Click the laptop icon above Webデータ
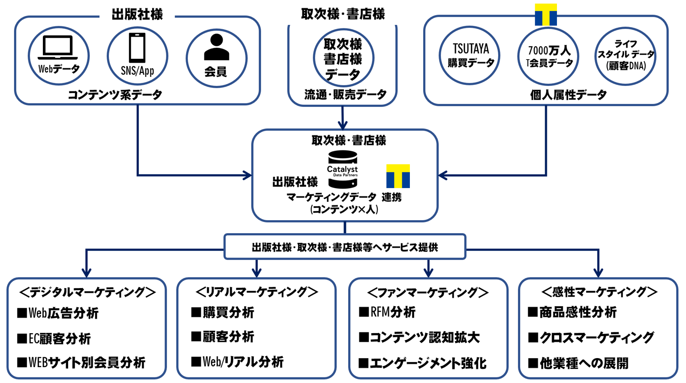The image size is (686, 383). coord(58,47)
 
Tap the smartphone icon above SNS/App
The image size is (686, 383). coord(137,48)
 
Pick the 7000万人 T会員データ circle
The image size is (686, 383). coord(549,56)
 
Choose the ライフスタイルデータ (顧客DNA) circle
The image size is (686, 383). coord(626,56)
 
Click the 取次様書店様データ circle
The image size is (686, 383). coord(343,58)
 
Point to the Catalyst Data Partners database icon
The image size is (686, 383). coord(342,170)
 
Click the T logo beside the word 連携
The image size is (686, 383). coord(398,176)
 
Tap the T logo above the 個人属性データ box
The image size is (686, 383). coord(546,15)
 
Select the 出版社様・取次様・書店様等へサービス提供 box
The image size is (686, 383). coord(345,247)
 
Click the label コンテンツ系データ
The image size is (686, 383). coord(115,95)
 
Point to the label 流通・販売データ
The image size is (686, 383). coord(345,95)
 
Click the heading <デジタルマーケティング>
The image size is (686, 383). coord(87,292)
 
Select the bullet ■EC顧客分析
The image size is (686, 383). coord(54,339)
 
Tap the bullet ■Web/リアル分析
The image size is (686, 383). coord(238,362)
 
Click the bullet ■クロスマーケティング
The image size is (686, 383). coord(591,337)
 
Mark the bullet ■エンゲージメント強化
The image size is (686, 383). coord(423,363)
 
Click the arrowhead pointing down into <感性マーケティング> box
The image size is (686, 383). coord(599,273)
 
